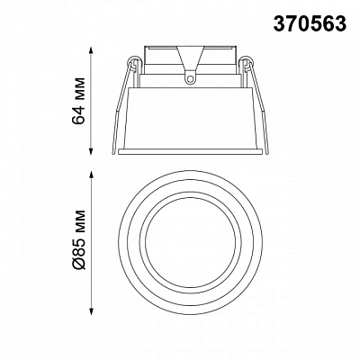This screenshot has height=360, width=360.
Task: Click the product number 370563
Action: [x=310, y=23]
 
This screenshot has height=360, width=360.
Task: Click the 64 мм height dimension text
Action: [x=79, y=101]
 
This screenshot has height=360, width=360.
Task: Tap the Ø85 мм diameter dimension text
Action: [x=79, y=239]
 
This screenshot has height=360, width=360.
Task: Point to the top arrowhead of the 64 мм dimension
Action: [x=92, y=49]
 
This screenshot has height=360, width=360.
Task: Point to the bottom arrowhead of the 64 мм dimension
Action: [x=92, y=151]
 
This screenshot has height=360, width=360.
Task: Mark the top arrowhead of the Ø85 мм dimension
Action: [x=92, y=175]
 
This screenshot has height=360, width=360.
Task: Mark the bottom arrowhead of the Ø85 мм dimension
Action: [x=92, y=309]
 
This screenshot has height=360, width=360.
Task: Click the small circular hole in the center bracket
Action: [x=190, y=79]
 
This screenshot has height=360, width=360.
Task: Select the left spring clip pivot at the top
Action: [x=131, y=61]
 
